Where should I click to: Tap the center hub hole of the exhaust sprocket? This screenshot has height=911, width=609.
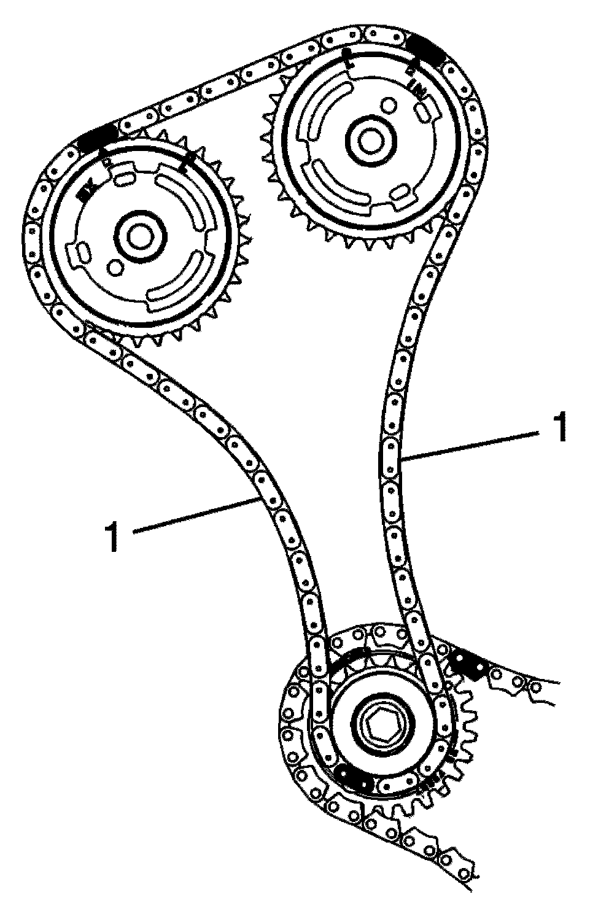(139, 236)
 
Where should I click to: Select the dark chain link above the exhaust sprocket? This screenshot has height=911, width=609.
(98, 136)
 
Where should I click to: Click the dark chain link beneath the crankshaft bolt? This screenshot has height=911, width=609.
(355, 781)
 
